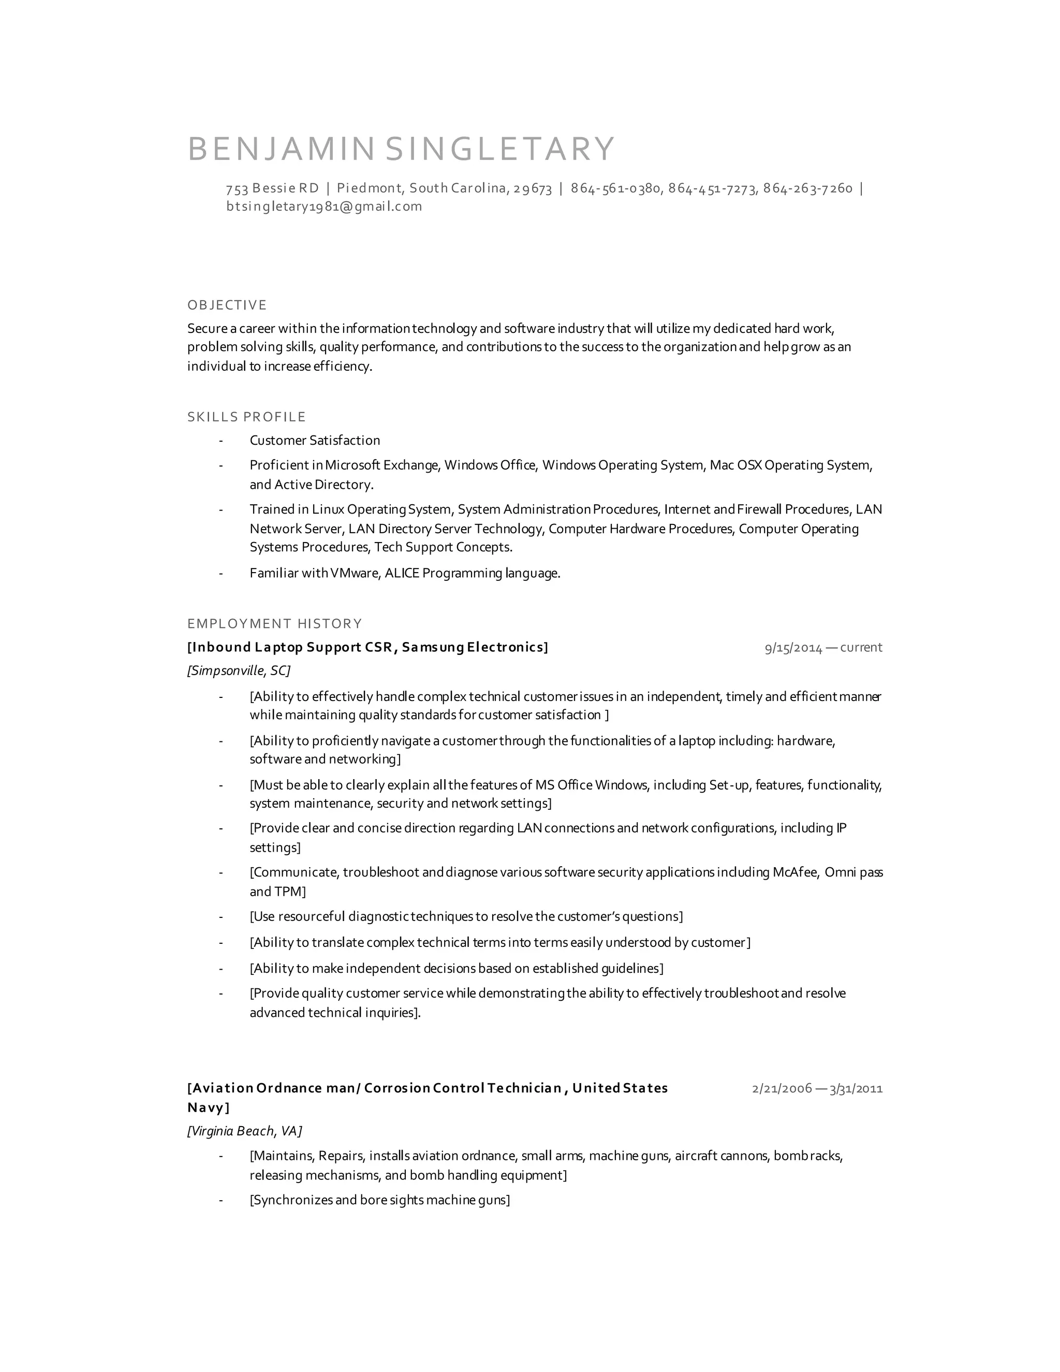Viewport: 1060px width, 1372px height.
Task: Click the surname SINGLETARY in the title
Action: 500,149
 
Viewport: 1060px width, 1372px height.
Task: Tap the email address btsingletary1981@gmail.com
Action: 324,207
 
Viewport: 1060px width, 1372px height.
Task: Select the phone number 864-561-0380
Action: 615,188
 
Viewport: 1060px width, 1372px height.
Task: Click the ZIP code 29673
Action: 533,188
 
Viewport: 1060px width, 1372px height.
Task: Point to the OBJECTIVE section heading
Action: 227,305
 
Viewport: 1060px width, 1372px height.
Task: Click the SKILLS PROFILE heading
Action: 246,417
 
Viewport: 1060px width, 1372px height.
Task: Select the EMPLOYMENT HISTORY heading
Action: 274,624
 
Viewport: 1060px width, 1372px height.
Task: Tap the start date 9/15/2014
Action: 793,648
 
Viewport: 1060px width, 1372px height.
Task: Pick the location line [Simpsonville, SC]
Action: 239,670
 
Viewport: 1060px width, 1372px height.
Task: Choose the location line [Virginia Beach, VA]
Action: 244,1131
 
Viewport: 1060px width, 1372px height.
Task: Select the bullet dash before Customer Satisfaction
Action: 221,441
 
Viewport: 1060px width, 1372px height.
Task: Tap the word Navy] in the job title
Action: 209,1107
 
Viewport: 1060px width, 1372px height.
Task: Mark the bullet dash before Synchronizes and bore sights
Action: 221,1201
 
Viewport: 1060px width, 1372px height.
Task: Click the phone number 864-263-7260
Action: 807,188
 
